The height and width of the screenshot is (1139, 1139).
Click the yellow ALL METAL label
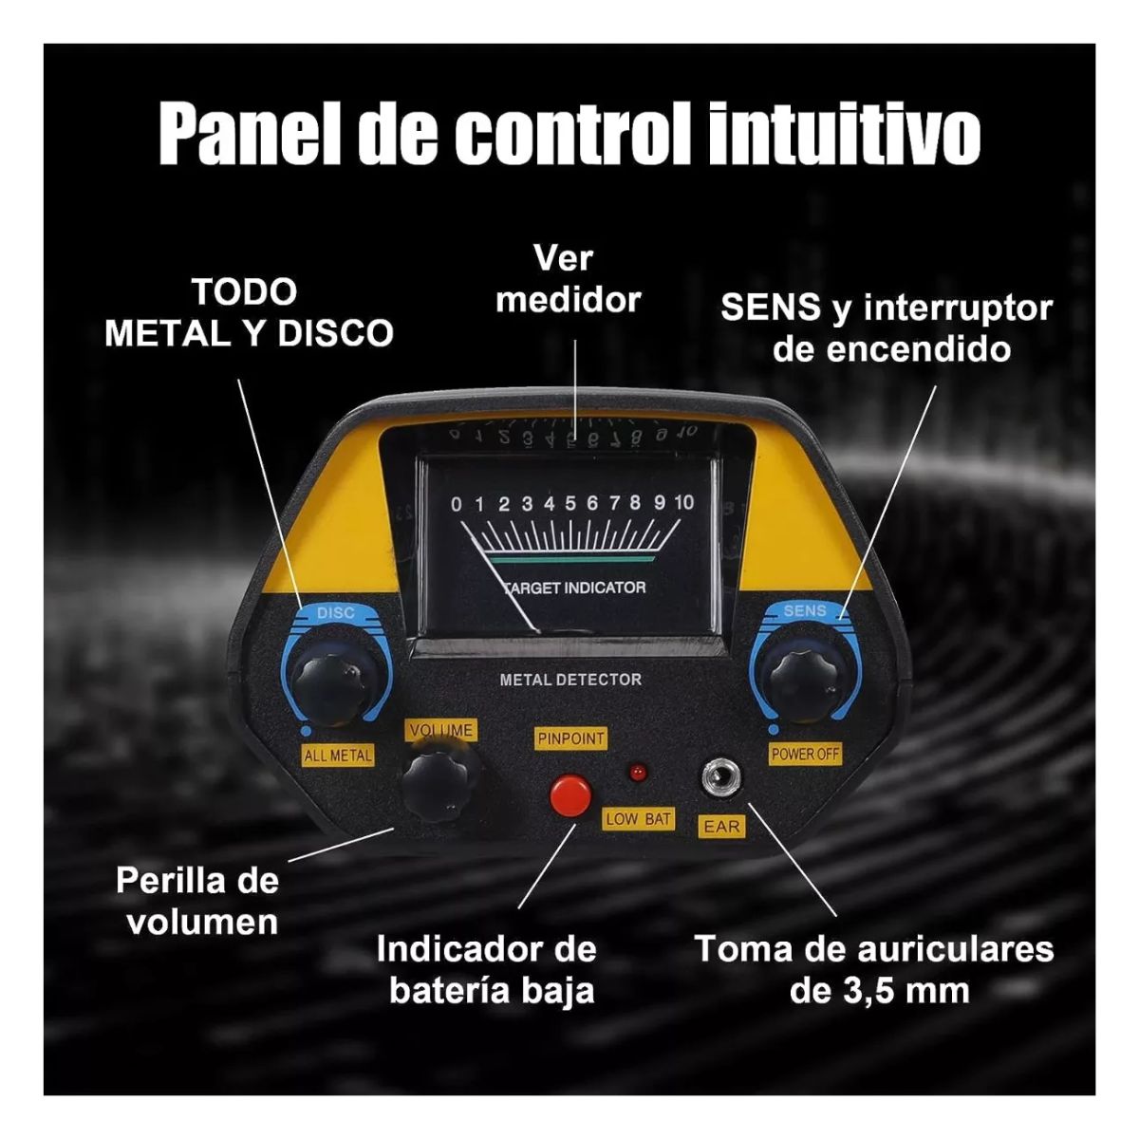[x=338, y=756]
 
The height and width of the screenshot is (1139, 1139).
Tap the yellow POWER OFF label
[x=805, y=754]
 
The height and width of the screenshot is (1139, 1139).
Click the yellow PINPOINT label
[x=570, y=738]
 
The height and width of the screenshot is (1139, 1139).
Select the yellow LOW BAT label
[x=638, y=818]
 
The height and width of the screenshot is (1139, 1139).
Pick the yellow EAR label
[x=721, y=827]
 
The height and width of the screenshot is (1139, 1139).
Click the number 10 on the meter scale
[x=683, y=503]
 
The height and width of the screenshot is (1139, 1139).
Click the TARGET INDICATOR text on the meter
[x=574, y=588]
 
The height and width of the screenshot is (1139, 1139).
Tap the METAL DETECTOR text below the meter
[x=570, y=680]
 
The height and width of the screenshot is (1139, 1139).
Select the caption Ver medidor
[x=568, y=279]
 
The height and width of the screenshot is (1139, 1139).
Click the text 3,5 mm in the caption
[x=906, y=991]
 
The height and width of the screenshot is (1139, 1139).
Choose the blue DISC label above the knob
[x=335, y=613]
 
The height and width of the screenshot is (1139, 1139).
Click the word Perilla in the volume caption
[x=168, y=881]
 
